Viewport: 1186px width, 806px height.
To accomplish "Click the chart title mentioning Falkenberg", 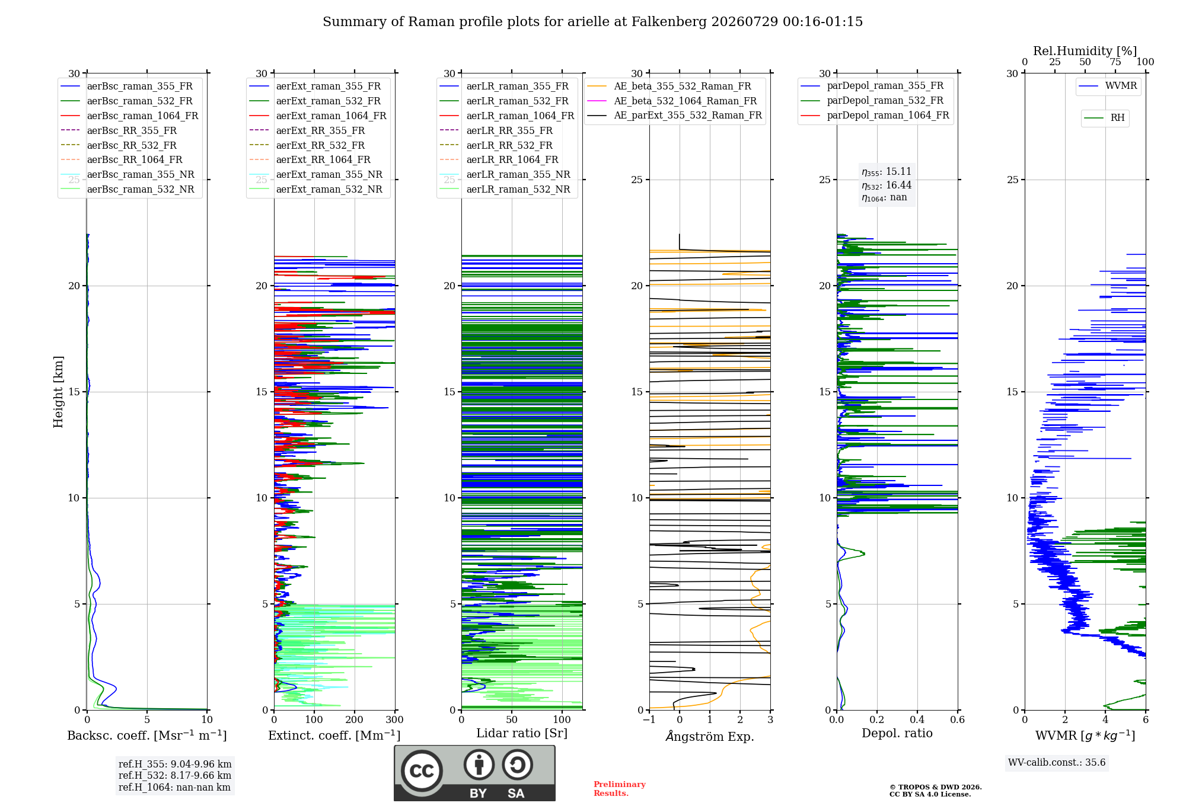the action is pos(592,22).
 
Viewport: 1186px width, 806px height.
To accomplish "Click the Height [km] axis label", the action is pos(58,392).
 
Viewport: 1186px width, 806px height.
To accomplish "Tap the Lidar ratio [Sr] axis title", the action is pos(522,733).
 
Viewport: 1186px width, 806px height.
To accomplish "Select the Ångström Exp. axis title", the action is pos(710,736).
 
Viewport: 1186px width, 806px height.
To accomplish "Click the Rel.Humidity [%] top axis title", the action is pos(1085,51).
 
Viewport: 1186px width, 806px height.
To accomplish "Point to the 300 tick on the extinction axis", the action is pos(395,719).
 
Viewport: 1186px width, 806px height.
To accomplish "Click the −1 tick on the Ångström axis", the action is pos(649,719).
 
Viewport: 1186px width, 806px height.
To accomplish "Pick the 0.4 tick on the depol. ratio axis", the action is pos(917,719).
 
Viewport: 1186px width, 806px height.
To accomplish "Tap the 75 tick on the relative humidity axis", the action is pos(1115,62).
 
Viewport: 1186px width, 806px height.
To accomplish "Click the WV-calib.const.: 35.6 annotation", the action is pos(1057,762).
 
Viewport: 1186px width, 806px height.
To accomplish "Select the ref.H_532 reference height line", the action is pos(175,775).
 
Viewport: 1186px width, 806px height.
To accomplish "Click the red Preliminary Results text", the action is pos(620,789).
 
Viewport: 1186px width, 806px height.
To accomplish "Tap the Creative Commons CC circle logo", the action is pos(422,771).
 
